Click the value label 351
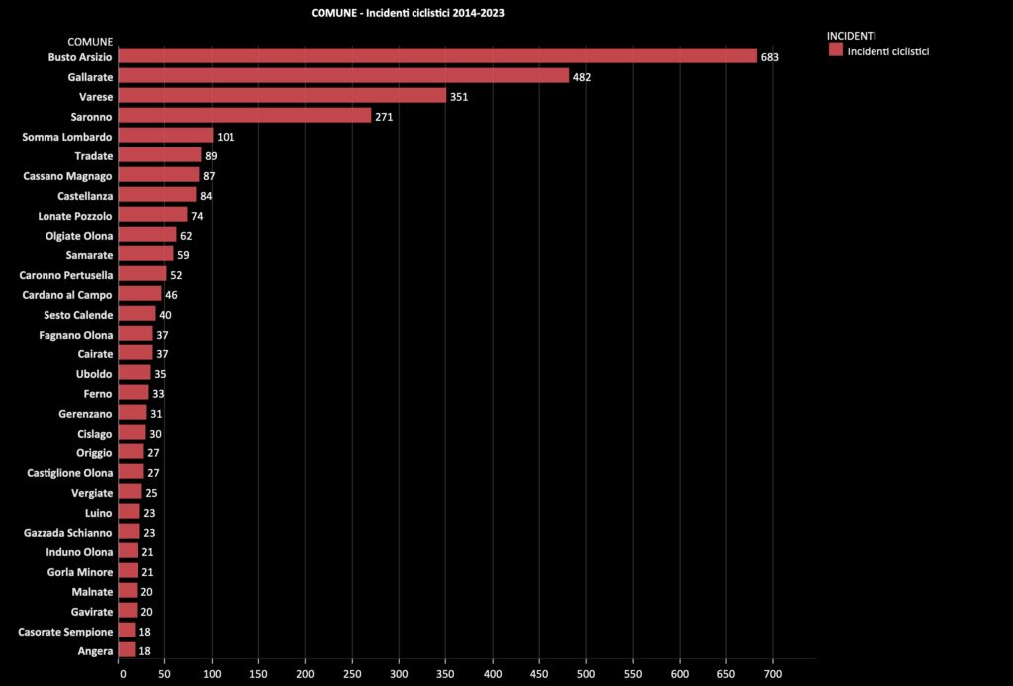click(458, 97)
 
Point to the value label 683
click(770, 57)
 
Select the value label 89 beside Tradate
click(211, 156)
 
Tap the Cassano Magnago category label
click(68, 175)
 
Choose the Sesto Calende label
click(78, 314)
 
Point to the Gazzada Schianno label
click(68, 532)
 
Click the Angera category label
click(95, 650)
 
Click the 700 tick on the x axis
click(772, 674)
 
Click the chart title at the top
click(414, 13)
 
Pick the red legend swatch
click(836, 49)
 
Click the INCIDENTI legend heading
click(852, 36)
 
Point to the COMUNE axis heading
click(90, 42)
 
